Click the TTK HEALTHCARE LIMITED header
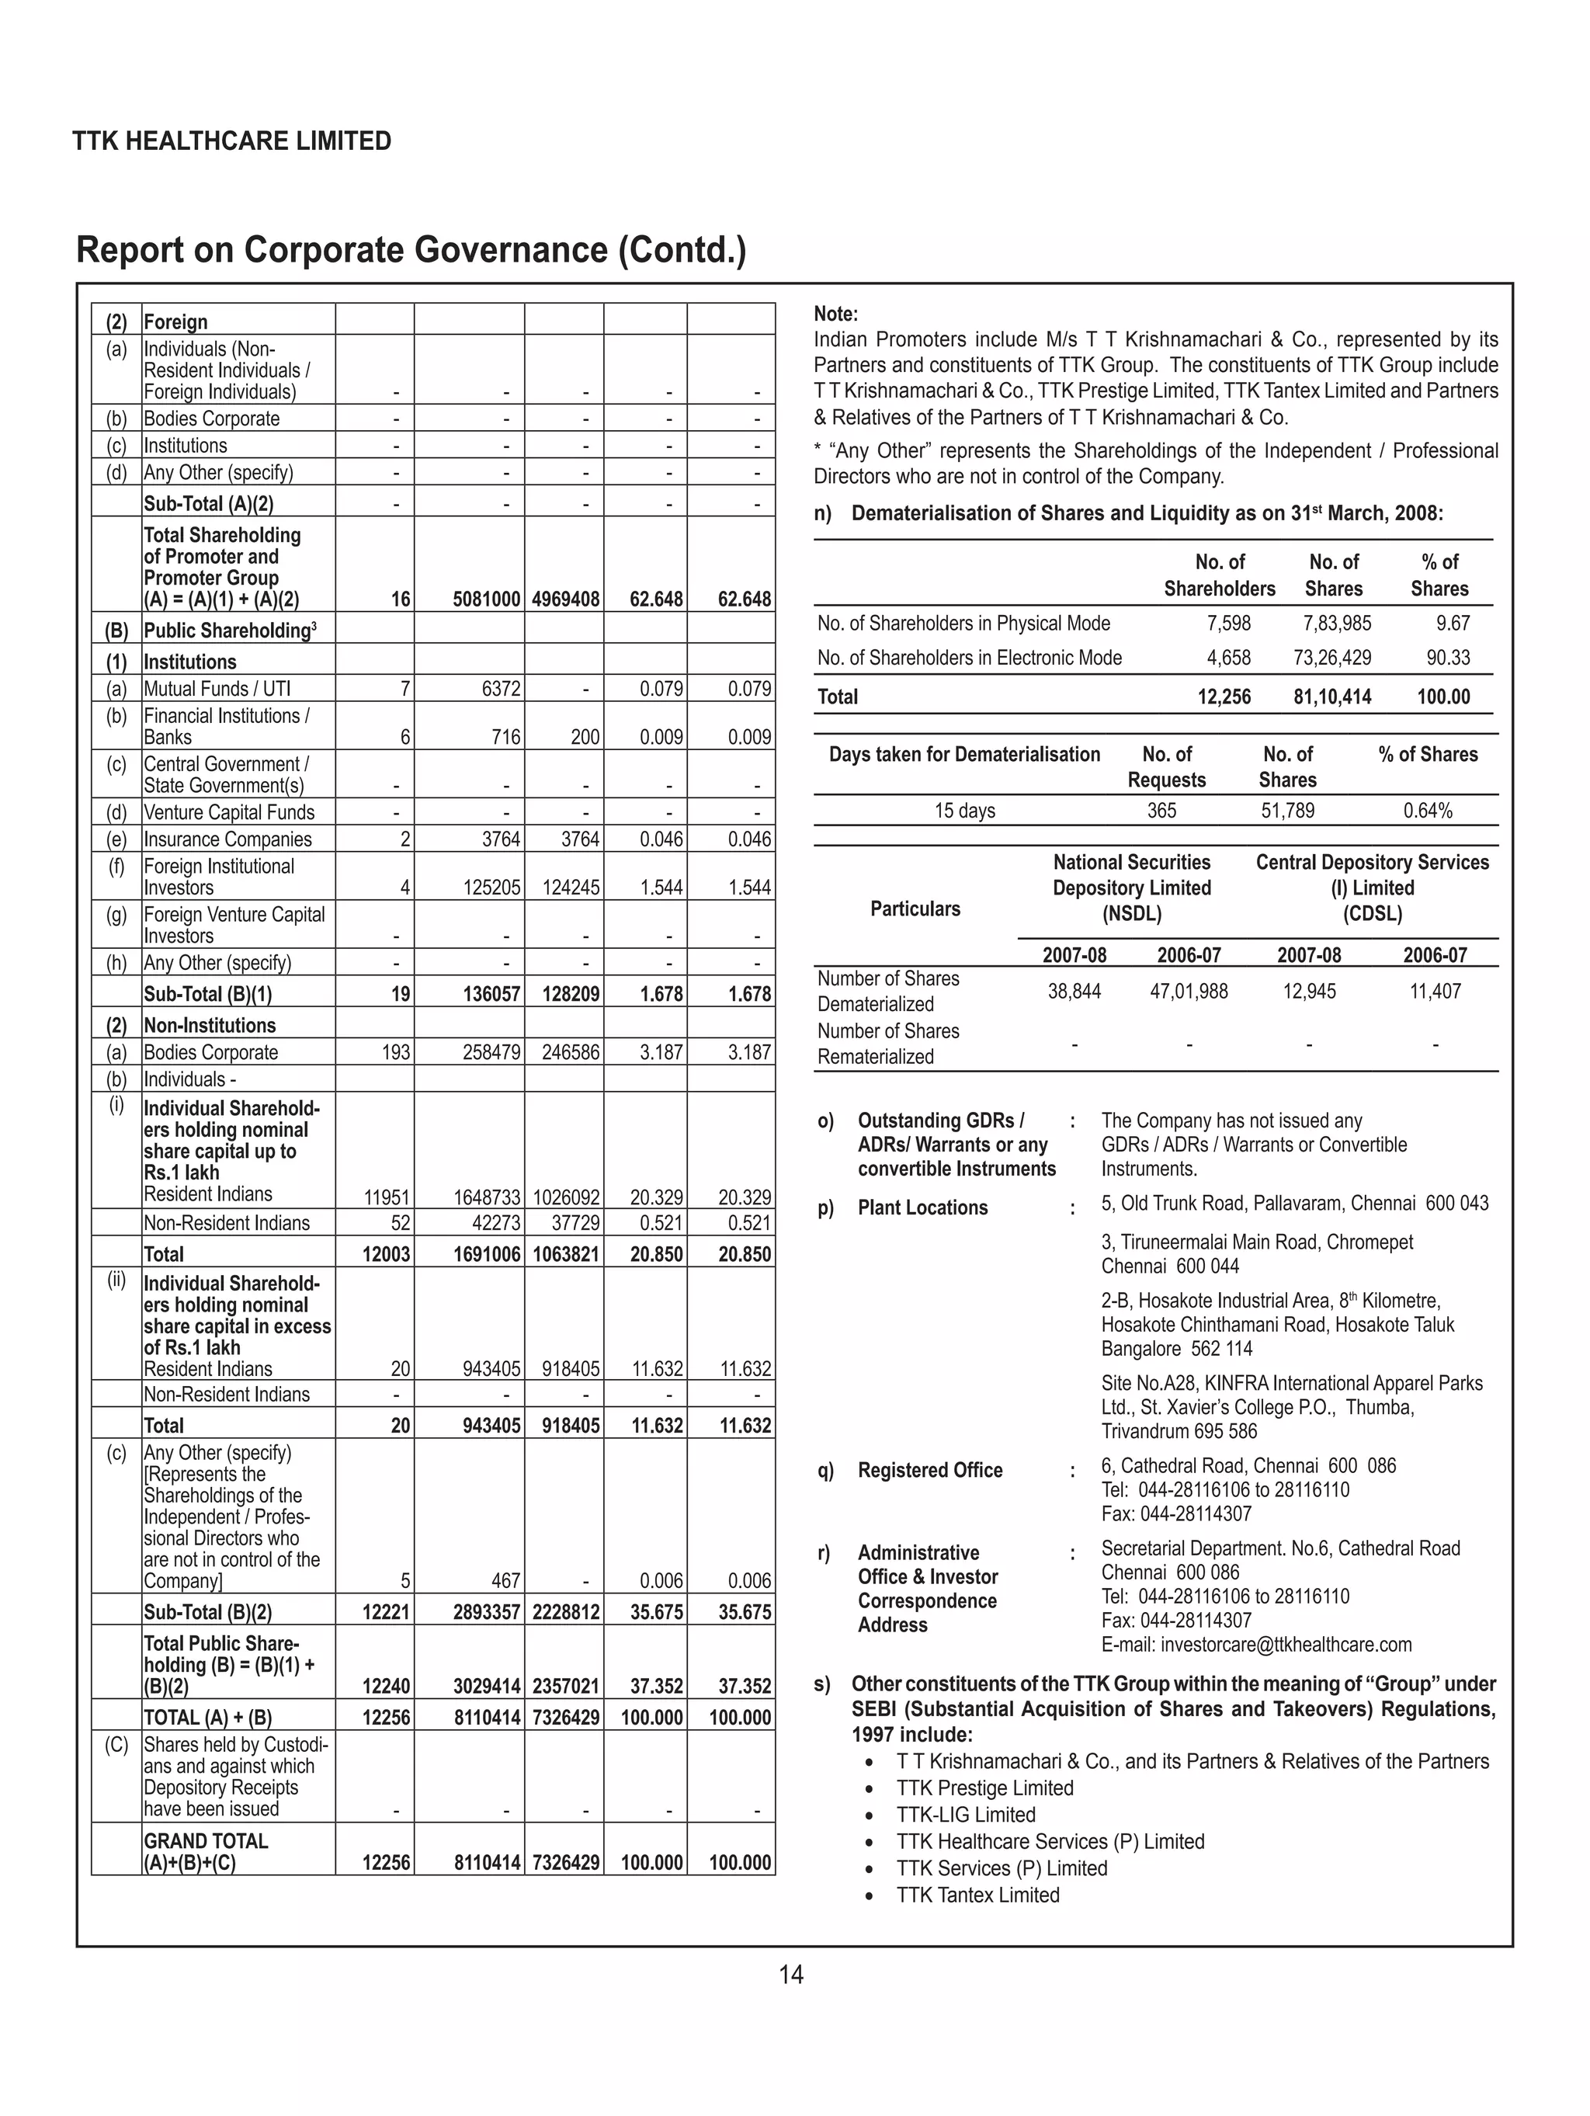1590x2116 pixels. coord(231,141)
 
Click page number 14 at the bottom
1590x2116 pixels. coord(790,1973)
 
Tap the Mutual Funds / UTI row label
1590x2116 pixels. coord(217,689)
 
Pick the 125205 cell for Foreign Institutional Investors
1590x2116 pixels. coord(491,888)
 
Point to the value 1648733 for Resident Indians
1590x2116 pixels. coord(486,1197)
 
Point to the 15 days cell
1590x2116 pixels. coord(964,811)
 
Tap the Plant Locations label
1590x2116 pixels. coord(922,1208)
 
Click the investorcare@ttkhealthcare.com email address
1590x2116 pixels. coord(1256,1645)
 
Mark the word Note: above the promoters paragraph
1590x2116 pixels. coord(836,314)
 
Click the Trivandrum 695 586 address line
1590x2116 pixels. coord(1179,1431)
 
